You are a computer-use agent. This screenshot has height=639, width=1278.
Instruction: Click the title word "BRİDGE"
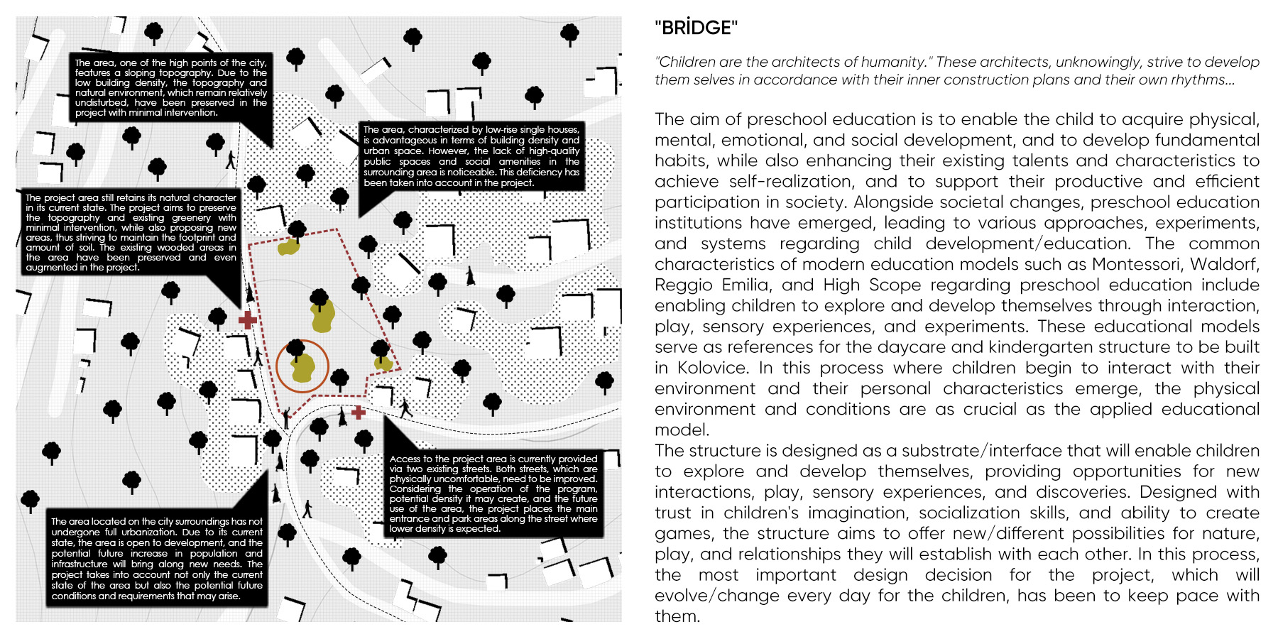696,28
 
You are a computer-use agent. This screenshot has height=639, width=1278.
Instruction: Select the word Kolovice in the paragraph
712,368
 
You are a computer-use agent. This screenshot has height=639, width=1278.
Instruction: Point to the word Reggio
683,285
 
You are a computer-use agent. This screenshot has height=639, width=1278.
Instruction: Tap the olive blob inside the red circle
303,368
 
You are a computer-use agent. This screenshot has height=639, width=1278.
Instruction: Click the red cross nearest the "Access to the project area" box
359,412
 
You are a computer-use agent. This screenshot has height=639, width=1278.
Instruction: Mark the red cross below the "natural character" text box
247,319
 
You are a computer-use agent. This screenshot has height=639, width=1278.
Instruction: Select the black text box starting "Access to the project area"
493,493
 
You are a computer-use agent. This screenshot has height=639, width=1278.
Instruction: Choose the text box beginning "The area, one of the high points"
171,87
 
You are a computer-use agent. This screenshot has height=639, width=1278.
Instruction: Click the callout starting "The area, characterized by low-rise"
471,156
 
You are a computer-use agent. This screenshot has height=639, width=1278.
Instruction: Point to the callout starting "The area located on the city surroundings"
157,559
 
